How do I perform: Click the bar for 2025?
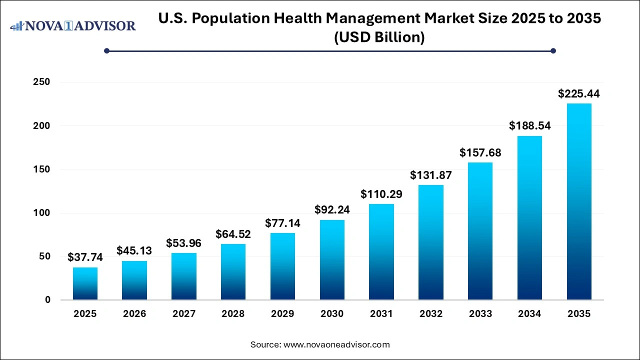pos(85,283)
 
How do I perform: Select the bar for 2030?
pos(332,260)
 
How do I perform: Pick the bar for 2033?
pos(480,231)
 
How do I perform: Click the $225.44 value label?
pos(579,93)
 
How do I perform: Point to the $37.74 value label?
pos(85,257)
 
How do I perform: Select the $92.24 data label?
pos(332,210)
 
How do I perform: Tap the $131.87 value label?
pos(431,175)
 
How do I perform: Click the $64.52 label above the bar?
pos(233,234)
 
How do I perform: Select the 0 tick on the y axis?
pos(47,300)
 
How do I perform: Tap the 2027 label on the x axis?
pos(183,314)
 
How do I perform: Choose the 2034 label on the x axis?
pos(529,314)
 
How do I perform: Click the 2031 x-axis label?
pos(381,314)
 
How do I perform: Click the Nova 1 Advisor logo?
pos(73,25)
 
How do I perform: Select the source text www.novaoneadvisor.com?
pos(336,344)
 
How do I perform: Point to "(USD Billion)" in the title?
pos(379,37)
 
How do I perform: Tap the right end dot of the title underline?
pos(553,50)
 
